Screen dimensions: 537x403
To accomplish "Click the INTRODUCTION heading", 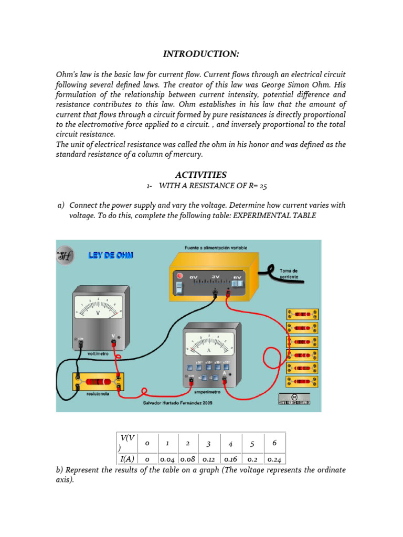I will tap(201, 54).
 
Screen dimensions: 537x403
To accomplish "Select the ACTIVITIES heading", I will tap(201, 175).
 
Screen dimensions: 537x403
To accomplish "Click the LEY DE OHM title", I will tap(111, 255).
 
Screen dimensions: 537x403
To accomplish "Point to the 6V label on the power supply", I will tap(237, 277).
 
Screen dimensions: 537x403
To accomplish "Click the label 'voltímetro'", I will tap(98, 353).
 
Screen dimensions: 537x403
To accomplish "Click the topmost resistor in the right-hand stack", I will tap(302, 314).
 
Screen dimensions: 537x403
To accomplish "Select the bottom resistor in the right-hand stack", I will tap(302, 381).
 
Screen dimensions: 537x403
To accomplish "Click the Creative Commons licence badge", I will tap(294, 399).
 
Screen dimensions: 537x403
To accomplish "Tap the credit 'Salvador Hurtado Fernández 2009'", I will tap(177, 403).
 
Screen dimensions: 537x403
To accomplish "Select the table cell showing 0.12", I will tap(209, 459).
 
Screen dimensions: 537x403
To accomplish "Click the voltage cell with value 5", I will tap(252, 444).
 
